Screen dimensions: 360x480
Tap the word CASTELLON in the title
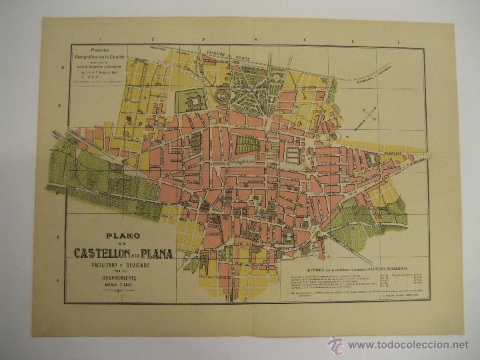[x=105, y=253]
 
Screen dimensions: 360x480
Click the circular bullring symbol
[x=221, y=95]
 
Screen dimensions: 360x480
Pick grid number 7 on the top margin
[x=399, y=43]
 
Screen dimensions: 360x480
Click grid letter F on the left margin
[x=60, y=280]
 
